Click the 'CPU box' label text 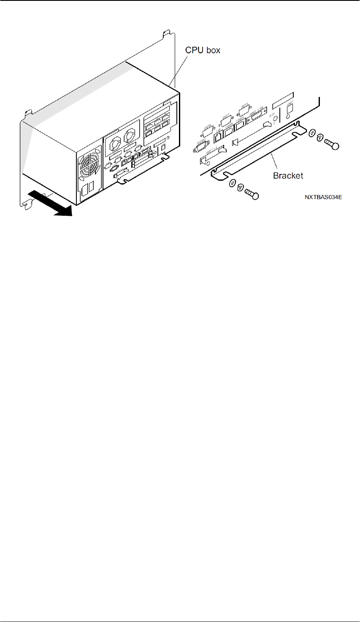203,50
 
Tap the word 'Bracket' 288,175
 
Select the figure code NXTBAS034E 324,197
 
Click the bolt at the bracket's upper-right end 332,145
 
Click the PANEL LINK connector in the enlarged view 257,119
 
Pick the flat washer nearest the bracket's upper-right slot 312,133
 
